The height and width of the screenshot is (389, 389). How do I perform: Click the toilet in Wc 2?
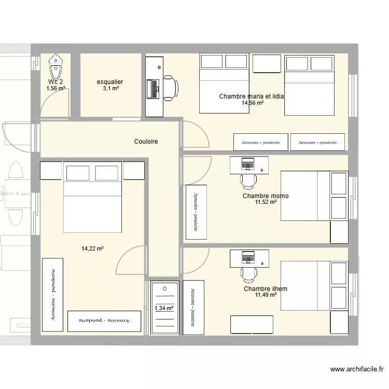(55, 66)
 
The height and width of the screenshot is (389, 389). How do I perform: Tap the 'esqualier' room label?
(110, 82)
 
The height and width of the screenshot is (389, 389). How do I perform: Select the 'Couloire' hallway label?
(146, 142)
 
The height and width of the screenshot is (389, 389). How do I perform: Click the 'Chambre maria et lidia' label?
(252, 96)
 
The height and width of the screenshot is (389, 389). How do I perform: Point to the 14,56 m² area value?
(252, 103)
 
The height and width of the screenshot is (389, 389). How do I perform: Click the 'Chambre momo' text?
(266, 196)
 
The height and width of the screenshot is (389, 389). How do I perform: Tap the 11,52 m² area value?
(266, 203)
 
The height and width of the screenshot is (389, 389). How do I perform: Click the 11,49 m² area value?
(266, 295)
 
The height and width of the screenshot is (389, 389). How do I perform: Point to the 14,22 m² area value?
(92, 249)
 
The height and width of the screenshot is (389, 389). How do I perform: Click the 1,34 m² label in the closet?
(164, 309)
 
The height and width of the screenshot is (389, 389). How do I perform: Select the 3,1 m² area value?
(110, 89)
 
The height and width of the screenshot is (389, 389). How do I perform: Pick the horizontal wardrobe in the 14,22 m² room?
(105, 321)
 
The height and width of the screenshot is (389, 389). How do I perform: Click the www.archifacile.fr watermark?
(356, 370)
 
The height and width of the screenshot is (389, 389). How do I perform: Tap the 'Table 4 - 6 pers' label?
(16, 193)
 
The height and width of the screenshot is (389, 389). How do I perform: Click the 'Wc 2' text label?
(55, 82)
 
